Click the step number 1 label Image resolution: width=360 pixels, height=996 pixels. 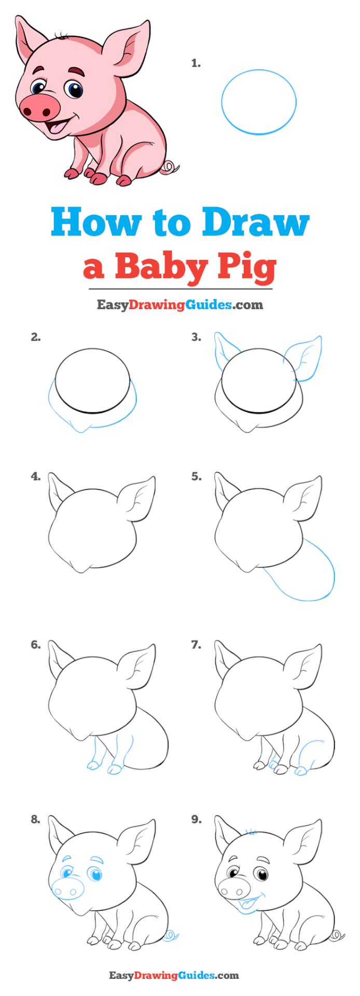pyautogui.click(x=196, y=64)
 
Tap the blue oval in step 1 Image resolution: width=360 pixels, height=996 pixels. pyautogui.click(x=259, y=102)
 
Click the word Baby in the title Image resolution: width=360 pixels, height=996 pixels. pyautogui.click(x=165, y=267)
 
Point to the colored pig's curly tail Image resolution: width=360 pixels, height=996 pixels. pyautogui.click(x=169, y=168)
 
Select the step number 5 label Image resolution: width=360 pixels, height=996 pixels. pyautogui.click(x=196, y=477)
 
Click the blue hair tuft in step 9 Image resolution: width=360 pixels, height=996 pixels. pyautogui.click(x=251, y=832)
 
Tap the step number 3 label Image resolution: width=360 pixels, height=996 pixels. pyautogui.click(x=196, y=338)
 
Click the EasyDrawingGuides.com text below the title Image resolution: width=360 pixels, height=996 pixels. pyautogui.click(x=180, y=305)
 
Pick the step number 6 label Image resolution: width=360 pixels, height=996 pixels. pyautogui.click(x=35, y=645)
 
